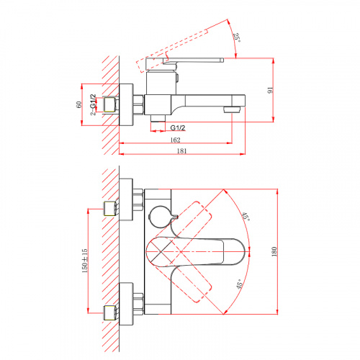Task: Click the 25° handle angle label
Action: [236, 37]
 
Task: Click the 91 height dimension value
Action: [271, 91]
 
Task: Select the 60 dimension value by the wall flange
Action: [79, 104]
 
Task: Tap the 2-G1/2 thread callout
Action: [93, 104]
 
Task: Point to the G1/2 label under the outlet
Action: [178, 127]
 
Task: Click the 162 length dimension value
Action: [175, 140]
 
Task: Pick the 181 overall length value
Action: [181, 150]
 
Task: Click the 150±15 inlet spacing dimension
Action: [85, 261]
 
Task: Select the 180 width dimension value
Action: [274, 251]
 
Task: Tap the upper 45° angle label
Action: [246, 217]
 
